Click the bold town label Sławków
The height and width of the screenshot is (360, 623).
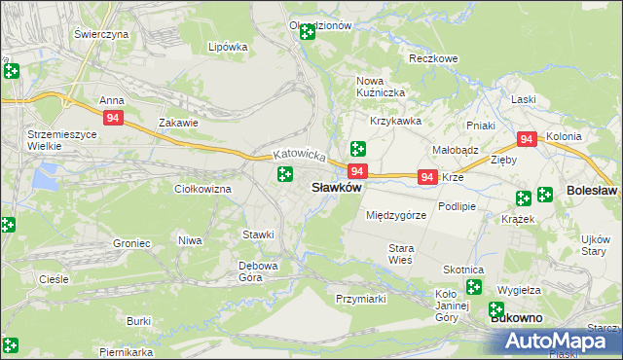[336, 188]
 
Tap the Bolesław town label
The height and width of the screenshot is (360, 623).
[591, 193]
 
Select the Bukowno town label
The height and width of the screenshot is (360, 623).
[516, 318]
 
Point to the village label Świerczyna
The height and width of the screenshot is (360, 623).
[101, 34]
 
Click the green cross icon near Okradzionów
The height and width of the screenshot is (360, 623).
[308, 32]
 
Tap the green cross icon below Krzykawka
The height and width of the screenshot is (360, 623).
[357, 149]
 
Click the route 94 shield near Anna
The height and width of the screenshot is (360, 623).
[114, 118]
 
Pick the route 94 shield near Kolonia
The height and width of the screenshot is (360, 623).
[527, 140]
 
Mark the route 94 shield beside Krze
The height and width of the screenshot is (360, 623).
[426, 177]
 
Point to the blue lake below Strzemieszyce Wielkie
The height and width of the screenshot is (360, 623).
[45, 177]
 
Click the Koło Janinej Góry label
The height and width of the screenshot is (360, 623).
[446, 305]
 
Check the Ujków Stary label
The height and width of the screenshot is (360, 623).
[594, 245]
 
